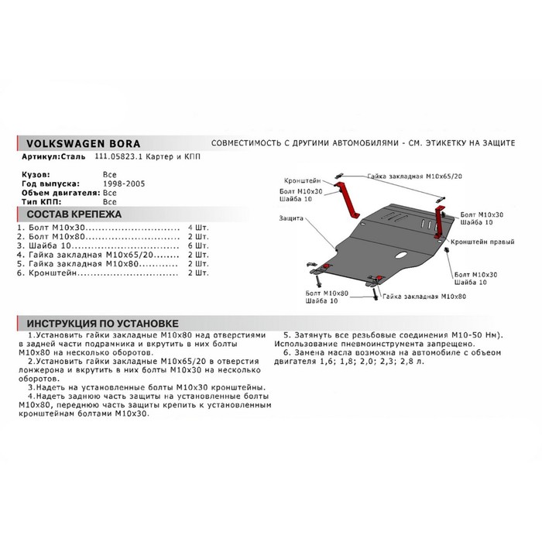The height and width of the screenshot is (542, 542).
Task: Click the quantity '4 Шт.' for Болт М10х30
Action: click(x=197, y=228)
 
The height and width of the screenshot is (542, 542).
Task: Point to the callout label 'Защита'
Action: click(x=292, y=219)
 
